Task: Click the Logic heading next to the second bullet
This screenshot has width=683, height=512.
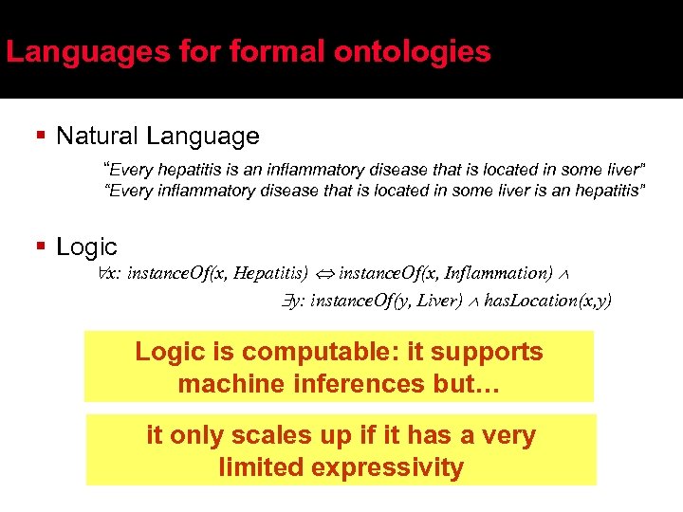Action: (x=86, y=247)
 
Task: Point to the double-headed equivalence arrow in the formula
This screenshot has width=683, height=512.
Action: (x=323, y=274)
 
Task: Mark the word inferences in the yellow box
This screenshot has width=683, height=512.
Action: (x=357, y=384)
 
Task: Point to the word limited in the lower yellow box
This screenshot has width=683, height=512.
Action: (x=260, y=467)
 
